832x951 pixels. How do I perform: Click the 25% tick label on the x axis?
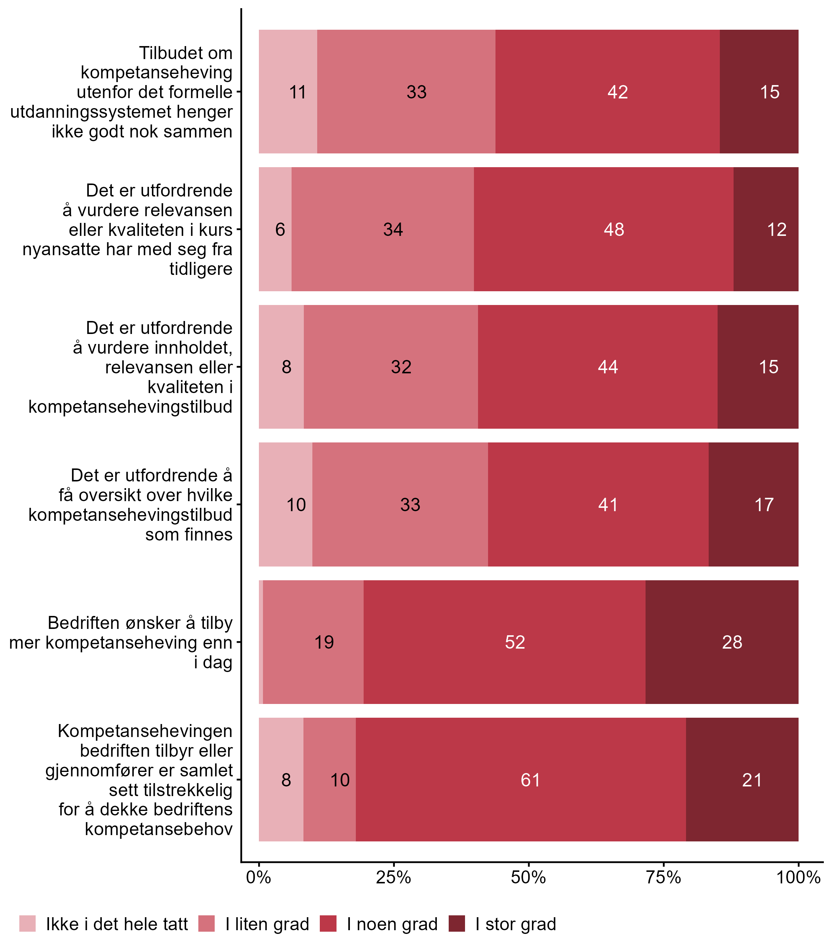[393, 877]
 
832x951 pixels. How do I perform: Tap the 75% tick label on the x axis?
[663, 877]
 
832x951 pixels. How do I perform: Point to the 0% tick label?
[259, 877]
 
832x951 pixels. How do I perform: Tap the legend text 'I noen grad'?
[392, 924]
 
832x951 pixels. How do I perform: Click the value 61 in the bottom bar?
[530, 780]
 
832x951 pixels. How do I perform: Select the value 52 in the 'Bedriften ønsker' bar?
[515, 642]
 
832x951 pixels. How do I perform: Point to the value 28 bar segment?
[732, 642]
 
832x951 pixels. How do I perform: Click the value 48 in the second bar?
[614, 230]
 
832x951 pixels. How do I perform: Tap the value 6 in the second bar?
[280, 230]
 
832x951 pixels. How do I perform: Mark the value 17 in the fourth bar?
[764, 505]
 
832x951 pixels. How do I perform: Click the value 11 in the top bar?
[298, 92]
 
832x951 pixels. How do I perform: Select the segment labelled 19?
[324, 642]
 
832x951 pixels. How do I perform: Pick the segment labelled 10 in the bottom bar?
[340, 780]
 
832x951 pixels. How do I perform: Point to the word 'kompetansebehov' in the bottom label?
[158, 829]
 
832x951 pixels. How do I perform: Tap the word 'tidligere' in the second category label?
[201, 269]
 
